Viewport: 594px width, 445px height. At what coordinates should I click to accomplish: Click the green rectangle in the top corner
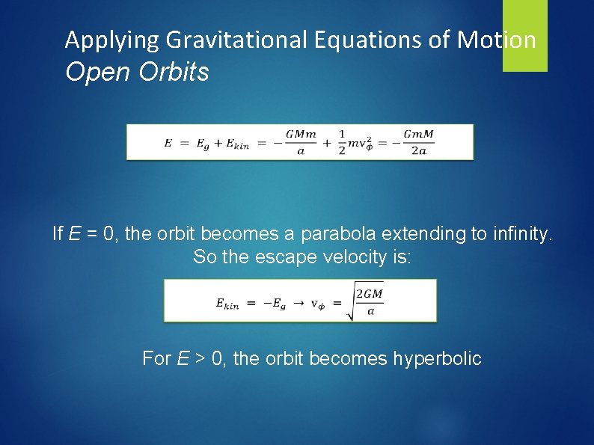[524, 35]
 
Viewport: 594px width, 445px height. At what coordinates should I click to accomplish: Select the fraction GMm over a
[300, 142]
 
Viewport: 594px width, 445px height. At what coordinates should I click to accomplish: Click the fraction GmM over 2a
[418, 142]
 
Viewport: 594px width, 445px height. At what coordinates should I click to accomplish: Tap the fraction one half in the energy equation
[342, 142]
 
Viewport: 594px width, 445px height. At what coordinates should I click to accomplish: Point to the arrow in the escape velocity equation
[296, 302]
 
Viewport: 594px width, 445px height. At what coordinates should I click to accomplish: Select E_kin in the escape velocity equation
[227, 302]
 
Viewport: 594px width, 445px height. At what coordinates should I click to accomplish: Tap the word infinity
[515, 234]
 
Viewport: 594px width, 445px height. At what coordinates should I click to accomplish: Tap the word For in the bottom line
[157, 359]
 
